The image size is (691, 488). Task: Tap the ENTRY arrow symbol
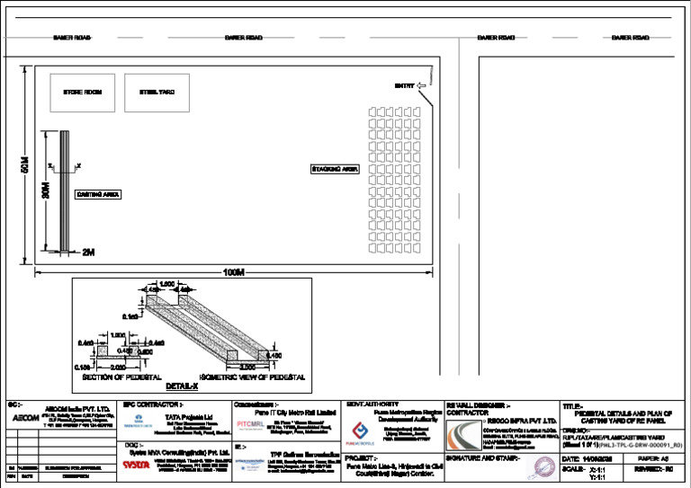pos(422,86)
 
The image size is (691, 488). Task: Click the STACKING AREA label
pos(335,169)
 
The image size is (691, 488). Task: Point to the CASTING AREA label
pos(98,194)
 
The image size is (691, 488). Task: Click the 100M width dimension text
pos(233,272)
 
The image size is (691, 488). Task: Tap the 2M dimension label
pos(87,253)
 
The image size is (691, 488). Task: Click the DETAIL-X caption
pos(182,384)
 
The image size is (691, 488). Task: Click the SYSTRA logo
pos(136,466)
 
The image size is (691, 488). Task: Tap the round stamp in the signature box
pos(542,467)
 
